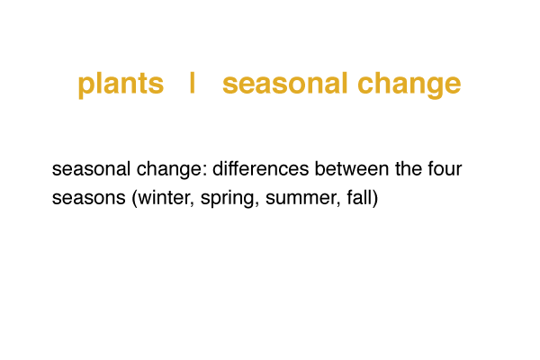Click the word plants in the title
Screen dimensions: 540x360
pos(121,85)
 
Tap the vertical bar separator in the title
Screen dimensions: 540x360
pos(193,82)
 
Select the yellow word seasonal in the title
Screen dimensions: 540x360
pos(284,83)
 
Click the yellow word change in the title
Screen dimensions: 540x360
pos(409,85)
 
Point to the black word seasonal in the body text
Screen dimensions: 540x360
pos(91,169)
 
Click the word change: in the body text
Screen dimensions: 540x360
pos(172,170)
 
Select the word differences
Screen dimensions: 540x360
pos(260,169)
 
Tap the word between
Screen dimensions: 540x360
pos(352,169)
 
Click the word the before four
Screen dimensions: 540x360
pos(409,169)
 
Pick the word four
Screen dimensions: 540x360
pos(445,169)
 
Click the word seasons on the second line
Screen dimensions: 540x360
pos(88,198)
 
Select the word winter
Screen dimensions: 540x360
pos(164,198)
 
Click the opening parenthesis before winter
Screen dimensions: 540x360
pos(135,199)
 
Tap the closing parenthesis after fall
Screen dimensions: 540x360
pos(374,199)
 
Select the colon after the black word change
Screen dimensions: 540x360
pos(205,170)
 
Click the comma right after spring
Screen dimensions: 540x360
pos(256,204)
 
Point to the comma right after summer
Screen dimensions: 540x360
pos(338,204)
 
